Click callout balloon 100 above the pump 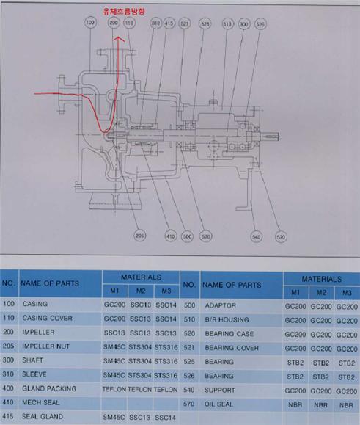90,23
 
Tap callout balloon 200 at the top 114,23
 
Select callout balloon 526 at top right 260,24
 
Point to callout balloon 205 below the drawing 139,236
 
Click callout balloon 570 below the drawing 205,236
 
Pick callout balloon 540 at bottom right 256,237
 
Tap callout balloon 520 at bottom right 281,237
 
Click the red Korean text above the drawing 124,11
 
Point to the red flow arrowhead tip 118,37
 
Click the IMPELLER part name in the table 38,332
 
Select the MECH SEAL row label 40,402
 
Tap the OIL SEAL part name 218,404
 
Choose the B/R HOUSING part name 227,319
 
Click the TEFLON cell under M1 114,390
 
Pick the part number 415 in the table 8,416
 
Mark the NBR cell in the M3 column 347,405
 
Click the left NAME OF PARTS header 50,283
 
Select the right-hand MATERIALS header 322,279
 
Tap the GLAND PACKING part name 49,388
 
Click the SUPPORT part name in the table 220,390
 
